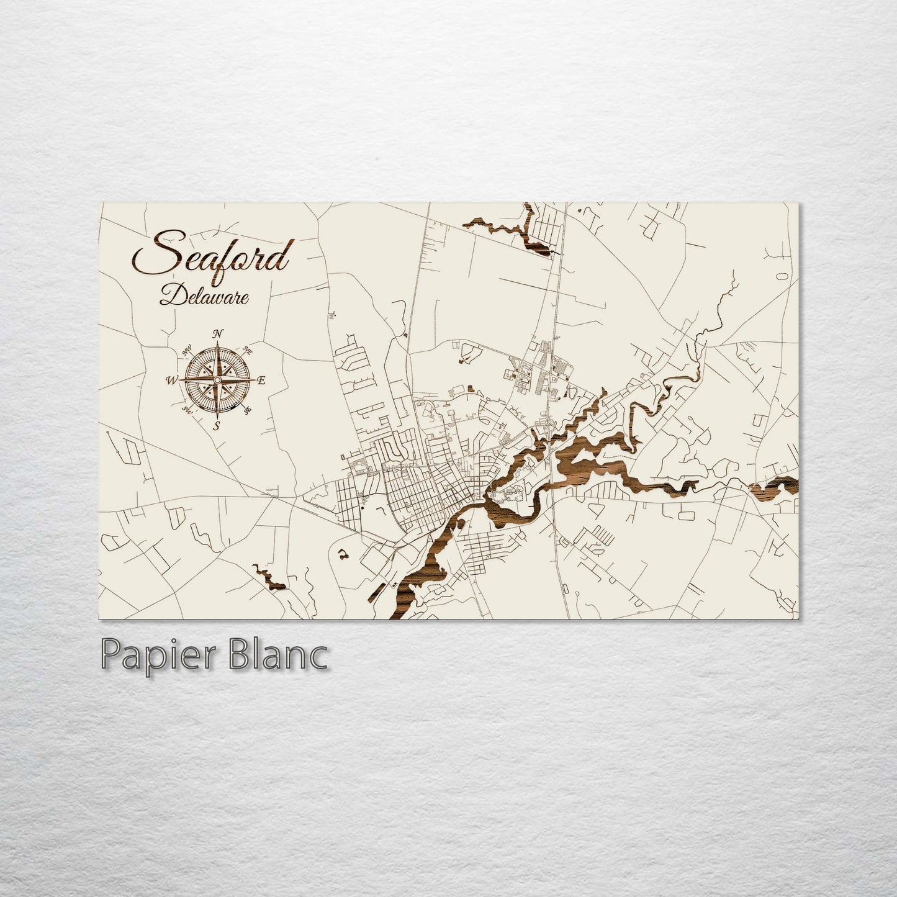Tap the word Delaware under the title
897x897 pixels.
[204, 295]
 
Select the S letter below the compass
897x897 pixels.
[217, 425]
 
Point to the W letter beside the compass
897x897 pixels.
[172, 380]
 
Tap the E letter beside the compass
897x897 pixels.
[261, 381]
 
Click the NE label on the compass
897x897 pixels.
[248, 351]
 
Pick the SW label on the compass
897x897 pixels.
[186, 410]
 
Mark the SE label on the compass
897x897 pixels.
[248, 410]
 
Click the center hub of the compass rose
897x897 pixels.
[217, 380]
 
